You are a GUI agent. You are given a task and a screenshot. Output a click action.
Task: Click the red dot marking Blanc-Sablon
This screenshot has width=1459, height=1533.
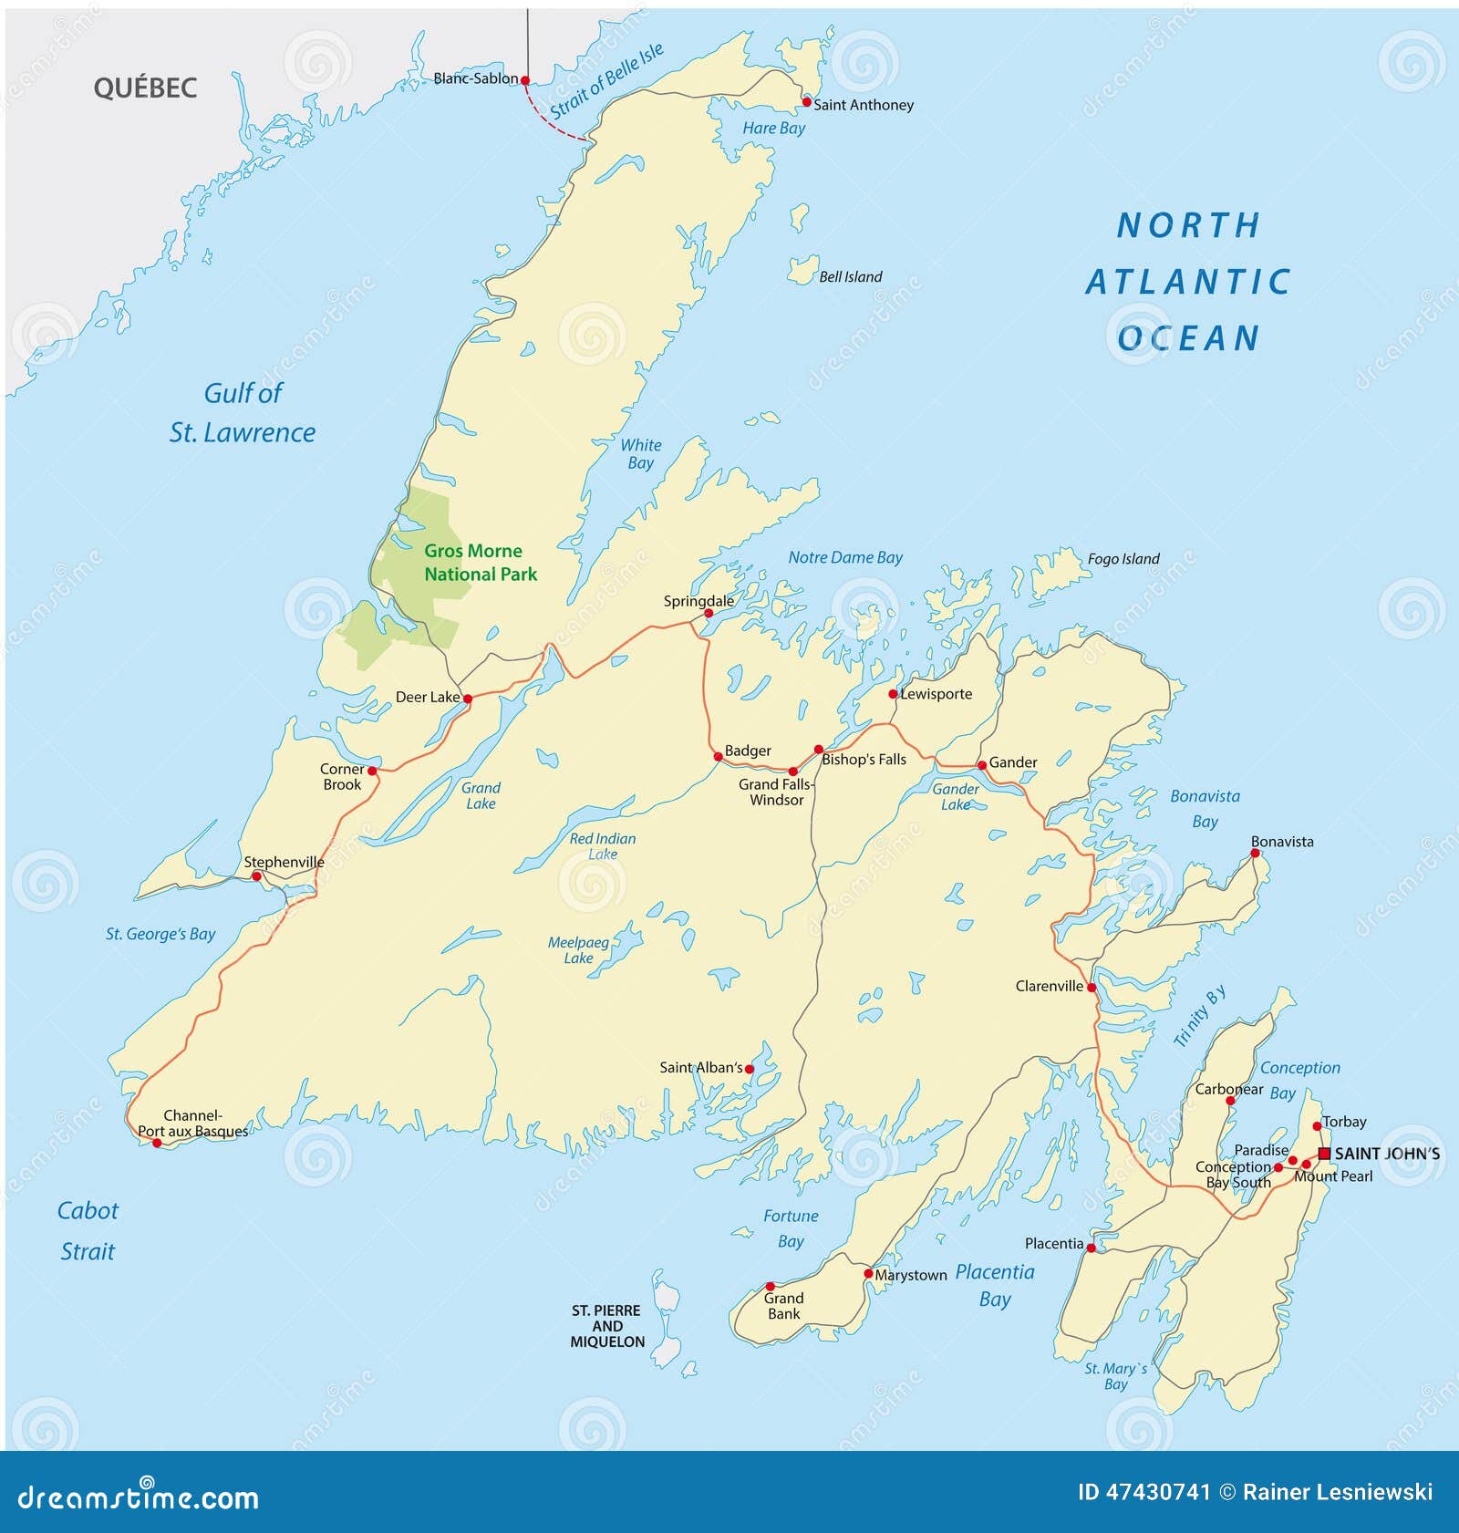coord(525,80)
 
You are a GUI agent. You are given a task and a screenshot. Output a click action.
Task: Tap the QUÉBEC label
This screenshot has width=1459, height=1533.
coord(145,88)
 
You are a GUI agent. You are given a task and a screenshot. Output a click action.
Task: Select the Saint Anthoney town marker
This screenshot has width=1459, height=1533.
coord(806,102)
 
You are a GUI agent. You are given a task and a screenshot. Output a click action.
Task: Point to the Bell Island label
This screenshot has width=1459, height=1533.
coord(850,277)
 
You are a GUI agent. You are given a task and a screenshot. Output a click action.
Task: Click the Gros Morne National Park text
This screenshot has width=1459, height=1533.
coord(480,563)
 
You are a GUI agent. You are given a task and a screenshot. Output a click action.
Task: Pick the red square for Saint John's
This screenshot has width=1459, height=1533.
coord(1324,1154)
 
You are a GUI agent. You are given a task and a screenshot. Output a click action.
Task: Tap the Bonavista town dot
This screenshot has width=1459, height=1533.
coord(1255,854)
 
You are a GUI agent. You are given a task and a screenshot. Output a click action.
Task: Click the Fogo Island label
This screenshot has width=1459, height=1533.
coord(1123,559)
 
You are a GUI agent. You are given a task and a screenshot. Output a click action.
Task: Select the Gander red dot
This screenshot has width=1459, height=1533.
coord(982,765)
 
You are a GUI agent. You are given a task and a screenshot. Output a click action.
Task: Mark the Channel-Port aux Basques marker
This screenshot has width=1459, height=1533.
coord(157,1143)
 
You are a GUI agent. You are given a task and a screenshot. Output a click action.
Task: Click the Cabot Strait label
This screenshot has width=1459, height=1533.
coord(88,1230)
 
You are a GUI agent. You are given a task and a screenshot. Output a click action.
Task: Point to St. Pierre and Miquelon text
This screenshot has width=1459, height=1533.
coord(606,1326)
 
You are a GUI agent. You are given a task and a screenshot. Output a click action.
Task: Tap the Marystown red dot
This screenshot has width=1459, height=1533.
coord(868,1273)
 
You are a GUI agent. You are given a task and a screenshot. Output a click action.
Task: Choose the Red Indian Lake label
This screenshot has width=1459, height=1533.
coord(602,845)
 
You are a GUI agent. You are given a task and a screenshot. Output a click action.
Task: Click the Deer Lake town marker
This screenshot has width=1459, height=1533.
coord(468,699)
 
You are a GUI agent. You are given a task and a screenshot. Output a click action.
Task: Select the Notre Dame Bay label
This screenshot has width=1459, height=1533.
coord(844,557)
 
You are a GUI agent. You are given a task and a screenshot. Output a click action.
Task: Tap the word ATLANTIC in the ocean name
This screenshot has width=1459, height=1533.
coord(1187,282)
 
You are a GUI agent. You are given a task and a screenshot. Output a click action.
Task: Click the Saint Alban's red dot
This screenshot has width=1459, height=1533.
coord(750,1069)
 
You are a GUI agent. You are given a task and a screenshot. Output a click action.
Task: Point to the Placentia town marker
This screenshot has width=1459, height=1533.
coord(1092,1248)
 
